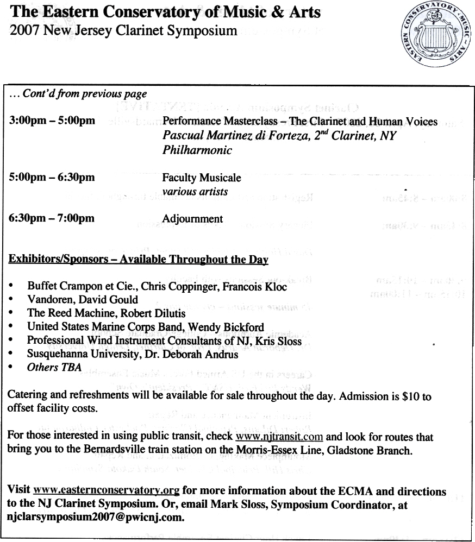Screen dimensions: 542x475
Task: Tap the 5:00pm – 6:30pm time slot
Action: (x=52, y=178)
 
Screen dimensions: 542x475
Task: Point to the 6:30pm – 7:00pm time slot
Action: (x=52, y=219)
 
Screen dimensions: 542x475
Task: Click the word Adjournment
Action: (x=192, y=219)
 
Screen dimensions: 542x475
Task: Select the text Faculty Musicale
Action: (x=202, y=178)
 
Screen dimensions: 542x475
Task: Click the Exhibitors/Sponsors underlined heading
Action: (x=139, y=260)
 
